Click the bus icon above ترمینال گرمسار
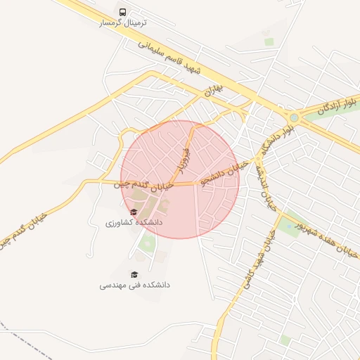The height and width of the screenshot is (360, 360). pos(124,12)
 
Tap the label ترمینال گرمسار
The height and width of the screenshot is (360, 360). pos(124,22)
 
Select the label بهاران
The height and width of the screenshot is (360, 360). pos(214,91)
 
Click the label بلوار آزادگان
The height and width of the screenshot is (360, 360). pos(336,105)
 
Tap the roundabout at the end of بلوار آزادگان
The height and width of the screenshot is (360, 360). pos(293,117)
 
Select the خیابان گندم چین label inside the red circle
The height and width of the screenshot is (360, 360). pos(146,185)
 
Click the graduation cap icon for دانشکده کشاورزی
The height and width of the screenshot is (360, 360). pos(134,212)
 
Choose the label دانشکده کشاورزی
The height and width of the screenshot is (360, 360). pos(134,222)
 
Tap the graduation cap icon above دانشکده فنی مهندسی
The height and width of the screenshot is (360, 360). pos(134,274)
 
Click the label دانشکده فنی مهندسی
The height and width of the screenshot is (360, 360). pos(134,285)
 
